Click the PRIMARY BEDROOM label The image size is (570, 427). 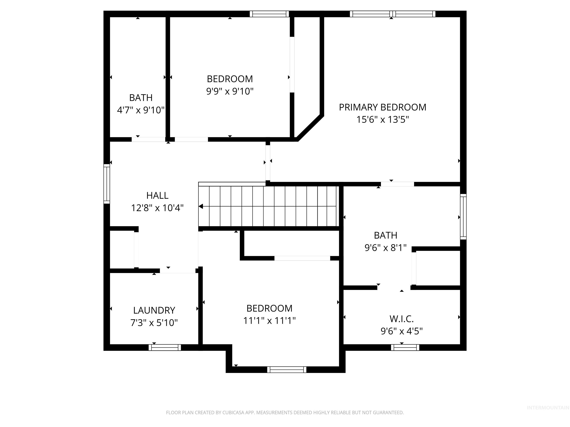pos(382,107)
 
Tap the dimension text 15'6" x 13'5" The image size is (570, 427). pos(382,120)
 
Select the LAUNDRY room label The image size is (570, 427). pos(154,310)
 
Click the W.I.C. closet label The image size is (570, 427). pos(402,319)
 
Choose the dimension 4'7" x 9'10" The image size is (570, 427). pos(141,110)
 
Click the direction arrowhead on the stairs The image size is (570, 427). pos(201,206)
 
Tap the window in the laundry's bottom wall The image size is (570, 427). pos(165,347)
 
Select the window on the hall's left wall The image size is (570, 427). pos(107,184)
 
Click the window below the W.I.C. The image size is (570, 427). pos(405,347)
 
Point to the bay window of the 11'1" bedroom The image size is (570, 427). pos(286,370)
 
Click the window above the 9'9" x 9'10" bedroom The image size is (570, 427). pos(269,14)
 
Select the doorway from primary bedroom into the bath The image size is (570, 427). pos(397,184)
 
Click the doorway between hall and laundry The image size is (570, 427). pos(178,271)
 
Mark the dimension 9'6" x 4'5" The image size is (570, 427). pos(402,331)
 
